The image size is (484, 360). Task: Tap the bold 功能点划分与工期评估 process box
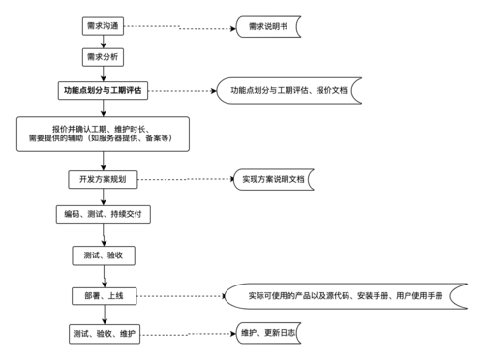[103, 91]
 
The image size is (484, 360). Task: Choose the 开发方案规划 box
[103, 180]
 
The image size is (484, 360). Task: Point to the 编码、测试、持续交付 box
[103, 214]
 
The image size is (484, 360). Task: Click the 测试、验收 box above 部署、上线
[103, 255]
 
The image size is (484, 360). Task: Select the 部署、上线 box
[103, 296]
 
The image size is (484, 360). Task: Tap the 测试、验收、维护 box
[103, 334]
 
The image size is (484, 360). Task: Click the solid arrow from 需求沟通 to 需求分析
[102, 42]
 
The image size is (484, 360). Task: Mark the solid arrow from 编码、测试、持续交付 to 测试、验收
[103, 234]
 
